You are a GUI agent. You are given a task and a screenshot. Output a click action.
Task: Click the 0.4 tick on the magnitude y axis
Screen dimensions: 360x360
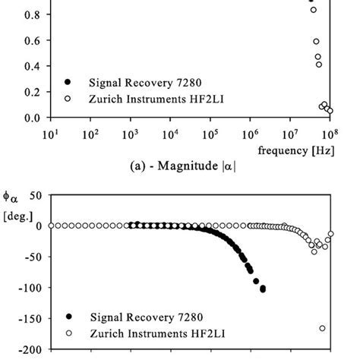click(30, 66)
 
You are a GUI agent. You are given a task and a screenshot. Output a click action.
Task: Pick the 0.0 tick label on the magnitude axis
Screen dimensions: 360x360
click(30, 118)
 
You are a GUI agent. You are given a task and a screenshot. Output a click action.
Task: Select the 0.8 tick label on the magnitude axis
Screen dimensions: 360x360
click(30, 14)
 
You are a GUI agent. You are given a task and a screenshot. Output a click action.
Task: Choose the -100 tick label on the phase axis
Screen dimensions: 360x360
click(28, 288)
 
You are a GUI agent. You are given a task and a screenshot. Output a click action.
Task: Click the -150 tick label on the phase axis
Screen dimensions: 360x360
click(28, 319)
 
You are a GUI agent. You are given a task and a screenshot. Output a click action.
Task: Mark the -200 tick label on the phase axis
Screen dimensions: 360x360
click(28, 350)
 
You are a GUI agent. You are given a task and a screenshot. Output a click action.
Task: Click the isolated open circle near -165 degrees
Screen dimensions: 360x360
click(322, 328)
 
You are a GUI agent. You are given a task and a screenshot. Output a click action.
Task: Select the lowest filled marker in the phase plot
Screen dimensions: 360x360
click(263, 289)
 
